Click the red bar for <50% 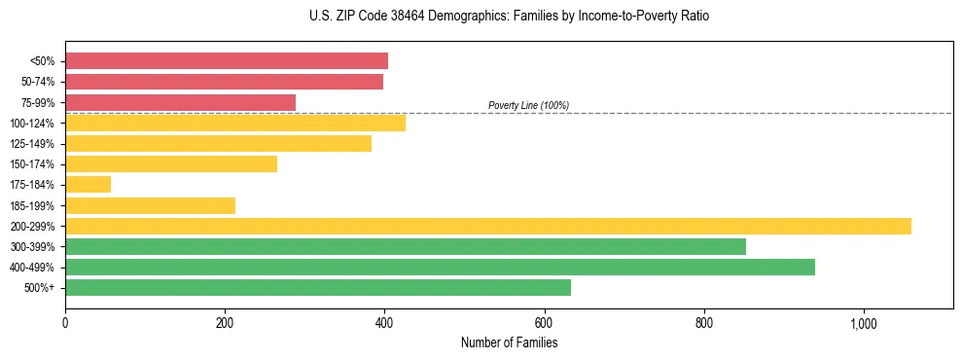(227, 61)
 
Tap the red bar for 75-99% (180, 102)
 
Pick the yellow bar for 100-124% (235, 123)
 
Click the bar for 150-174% (171, 163)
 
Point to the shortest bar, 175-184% (88, 184)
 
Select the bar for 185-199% (150, 205)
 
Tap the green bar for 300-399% (406, 246)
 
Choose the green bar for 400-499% (440, 267)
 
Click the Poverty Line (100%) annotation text (528, 105)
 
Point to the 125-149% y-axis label (32, 144)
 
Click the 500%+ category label (38, 288)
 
